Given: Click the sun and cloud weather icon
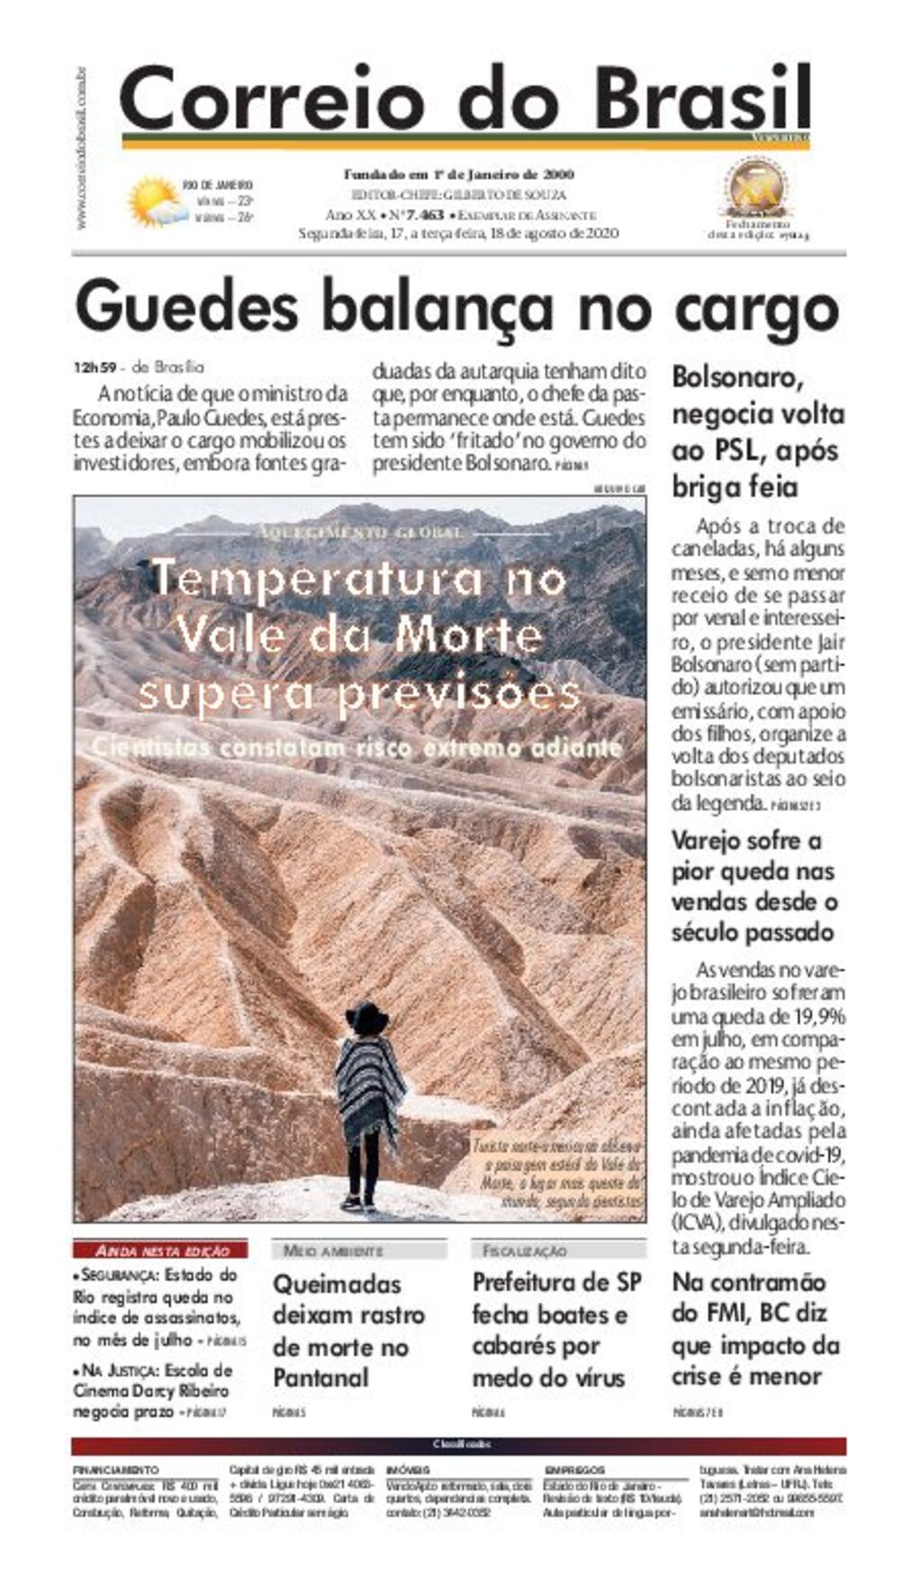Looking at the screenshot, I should coord(153,201).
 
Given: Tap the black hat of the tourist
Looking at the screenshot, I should coord(367,1017).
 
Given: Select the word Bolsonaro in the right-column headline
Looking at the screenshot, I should coord(737,377).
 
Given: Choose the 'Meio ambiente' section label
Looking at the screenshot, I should coord(333,1250).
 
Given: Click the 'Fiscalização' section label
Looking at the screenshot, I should coord(525,1250).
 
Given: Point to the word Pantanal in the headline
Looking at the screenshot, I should coord(321,1377).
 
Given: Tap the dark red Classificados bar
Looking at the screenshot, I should coord(460,1444).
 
